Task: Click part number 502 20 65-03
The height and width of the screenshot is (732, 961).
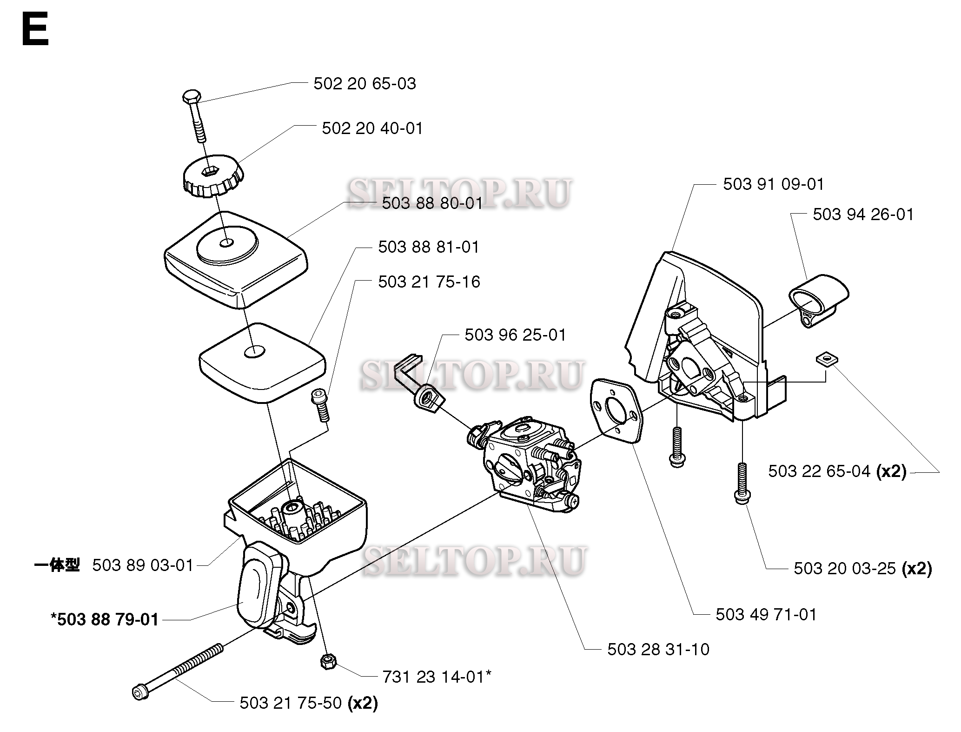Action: (x=365, y=84)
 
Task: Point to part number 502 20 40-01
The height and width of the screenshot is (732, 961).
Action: (x=372, y=129)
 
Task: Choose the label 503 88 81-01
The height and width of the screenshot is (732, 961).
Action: (x=428, y=247)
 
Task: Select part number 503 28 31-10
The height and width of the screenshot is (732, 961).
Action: (x=658, y=650)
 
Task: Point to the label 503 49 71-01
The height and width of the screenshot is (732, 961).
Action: (x=766, y=615)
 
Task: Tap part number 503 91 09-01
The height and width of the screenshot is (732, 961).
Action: (x=773, y=185)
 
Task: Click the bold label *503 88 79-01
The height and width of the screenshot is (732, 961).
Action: (x=105, y=620)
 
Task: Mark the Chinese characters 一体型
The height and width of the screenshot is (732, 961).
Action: (x=57, y=565)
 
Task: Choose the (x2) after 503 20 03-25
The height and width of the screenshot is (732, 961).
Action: (x=917, y=569)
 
